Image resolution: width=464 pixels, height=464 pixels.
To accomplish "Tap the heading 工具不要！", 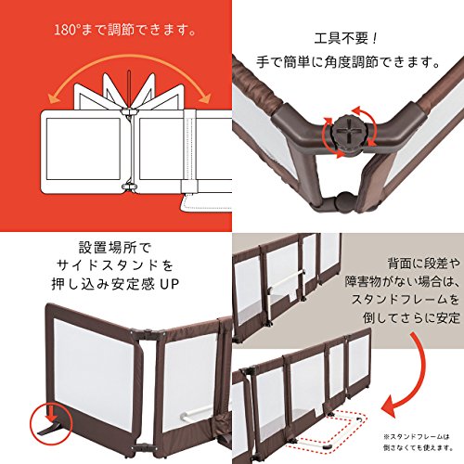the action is click(x=345, y=39).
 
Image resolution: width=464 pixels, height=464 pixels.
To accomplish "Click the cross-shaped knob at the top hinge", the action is click(x=349, y=133).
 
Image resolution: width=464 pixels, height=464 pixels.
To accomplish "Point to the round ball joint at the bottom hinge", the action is click(x=346, y=202).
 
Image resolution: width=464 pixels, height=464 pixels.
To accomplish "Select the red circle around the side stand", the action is click(x=51, y=424).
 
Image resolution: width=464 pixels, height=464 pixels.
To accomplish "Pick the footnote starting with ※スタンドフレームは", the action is click(x=419, y=442).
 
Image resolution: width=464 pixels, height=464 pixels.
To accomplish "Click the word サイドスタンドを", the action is click(x=115, y=265).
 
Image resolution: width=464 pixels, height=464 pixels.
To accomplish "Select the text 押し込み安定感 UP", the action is click(x=115, y=284).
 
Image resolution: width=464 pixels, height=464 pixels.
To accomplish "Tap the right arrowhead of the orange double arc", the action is click(x=204, y=97).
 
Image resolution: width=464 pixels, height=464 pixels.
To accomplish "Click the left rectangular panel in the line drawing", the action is click(x=83, y=148).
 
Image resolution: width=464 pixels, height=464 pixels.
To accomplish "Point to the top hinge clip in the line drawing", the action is click(x=130, y=110).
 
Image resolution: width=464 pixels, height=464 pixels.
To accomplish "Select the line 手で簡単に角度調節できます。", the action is click(x=348, y=62).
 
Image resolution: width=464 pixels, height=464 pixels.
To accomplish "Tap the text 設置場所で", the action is click(x=115, y=247).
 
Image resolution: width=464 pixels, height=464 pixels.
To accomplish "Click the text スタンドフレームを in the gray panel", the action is click(x=406, y=299).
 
